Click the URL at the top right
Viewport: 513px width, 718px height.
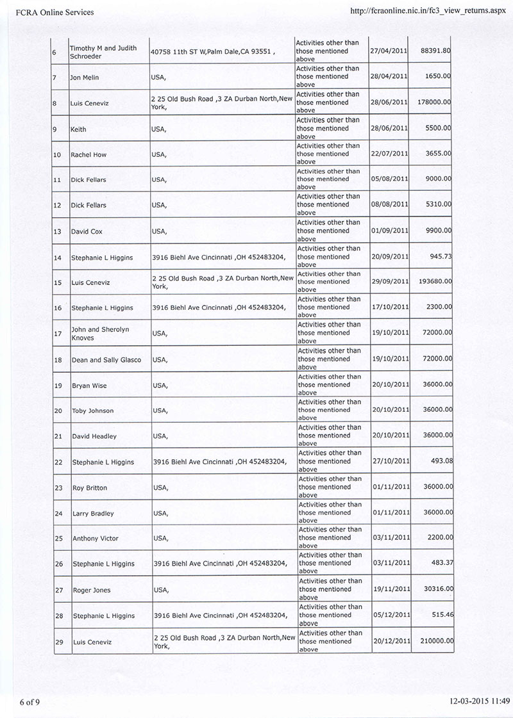[428, 12]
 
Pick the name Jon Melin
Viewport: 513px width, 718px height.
[84, 78]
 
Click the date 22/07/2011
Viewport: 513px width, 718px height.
[389, 154]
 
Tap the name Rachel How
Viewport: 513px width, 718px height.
[88, 154]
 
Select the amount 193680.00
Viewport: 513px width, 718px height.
[431, 282]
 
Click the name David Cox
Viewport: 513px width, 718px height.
[87, 231]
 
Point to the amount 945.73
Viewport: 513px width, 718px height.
[441, 256]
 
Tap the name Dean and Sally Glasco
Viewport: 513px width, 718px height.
[106, 360]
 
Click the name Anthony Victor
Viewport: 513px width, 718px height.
[95, 539]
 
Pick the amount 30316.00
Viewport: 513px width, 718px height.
[433, 589]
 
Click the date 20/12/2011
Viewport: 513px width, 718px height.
[391, 641]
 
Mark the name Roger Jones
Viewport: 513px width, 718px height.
[91, 591]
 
